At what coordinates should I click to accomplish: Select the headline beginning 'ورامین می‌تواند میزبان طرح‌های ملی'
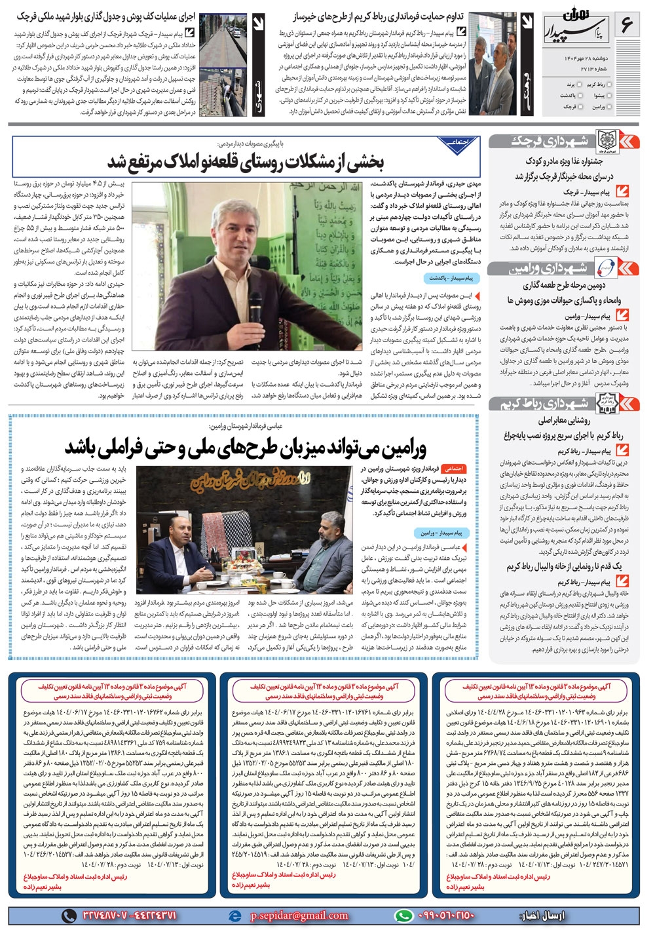246,448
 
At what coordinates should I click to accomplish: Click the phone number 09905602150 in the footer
445,915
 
